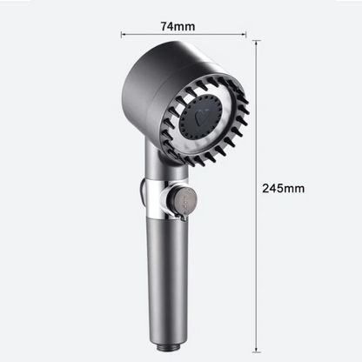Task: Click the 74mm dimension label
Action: (178, 26)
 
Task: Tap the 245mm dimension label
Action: (284, 188)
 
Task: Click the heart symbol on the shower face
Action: (200, 117)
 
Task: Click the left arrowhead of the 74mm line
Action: (123, 35)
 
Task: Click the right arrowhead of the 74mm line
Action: (245, 35)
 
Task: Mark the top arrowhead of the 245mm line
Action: (256, 43)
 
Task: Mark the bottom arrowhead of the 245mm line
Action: (256, 350)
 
